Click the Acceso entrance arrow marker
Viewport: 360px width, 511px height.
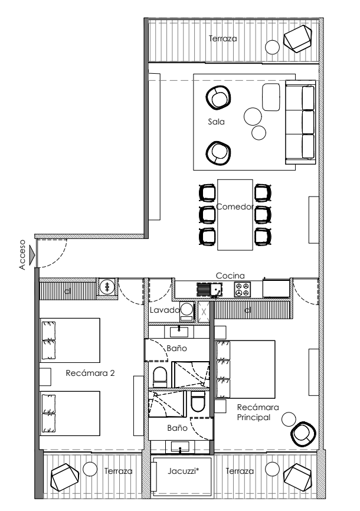(32, 255)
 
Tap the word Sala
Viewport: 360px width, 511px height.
(216, 122)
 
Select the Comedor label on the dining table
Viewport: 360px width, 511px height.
(235, 207)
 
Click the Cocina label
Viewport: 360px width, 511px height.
(230, 276)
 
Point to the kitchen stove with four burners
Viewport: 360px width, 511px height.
(243, 289)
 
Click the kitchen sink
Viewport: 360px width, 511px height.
(210, 290)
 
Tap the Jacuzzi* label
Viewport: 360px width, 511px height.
(184, 471)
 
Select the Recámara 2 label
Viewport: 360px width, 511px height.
(90, 373)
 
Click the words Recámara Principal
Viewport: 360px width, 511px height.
(258, 412)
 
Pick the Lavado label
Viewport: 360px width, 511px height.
(165, 310)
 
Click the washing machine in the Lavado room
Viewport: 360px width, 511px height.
(187, 312)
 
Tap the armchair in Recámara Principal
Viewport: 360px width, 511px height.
(303, 434)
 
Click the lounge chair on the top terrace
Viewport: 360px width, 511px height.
(297, 38)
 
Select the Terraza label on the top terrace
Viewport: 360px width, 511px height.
(222, 38)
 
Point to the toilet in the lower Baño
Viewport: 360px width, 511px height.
(198, 401)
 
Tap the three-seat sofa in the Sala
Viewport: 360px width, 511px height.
(300, 122)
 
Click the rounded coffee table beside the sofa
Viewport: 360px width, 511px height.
(271, 97)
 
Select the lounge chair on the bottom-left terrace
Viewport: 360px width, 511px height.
(65, 477)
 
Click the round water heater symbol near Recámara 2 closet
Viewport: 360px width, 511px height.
(107, 287)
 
